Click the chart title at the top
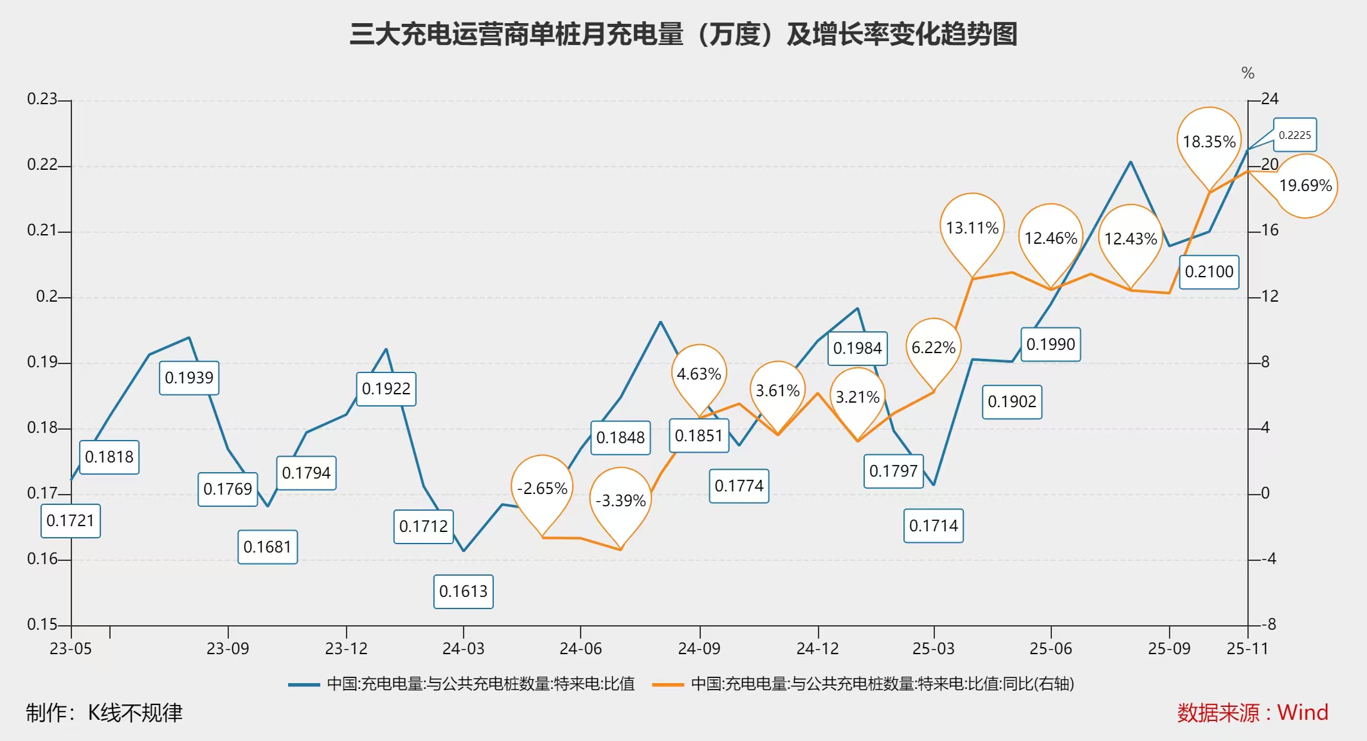683,34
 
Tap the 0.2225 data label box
1294,135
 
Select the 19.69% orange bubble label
1305,186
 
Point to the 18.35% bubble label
1209,142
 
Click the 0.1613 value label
463,591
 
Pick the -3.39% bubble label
620,500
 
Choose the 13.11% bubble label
972,228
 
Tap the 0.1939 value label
189,378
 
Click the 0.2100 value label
1209,271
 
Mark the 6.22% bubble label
933,347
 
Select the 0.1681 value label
267,547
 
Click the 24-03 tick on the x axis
463,648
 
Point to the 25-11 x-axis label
1247,648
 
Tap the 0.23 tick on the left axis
42,99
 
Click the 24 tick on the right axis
1270,99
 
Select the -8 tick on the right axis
1269,625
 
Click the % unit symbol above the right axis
1248,73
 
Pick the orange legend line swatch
667,684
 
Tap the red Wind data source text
1253,713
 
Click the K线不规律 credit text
135,713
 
